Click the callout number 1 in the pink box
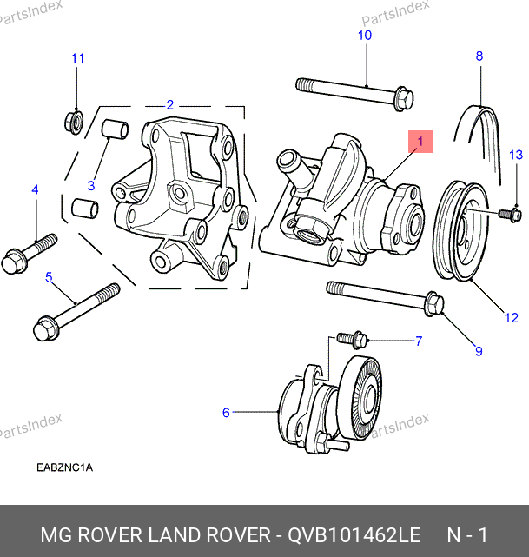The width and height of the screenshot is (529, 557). pos(420,140)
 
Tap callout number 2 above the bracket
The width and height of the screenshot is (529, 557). pos(170,104)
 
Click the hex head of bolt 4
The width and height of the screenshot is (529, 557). pos(15,261)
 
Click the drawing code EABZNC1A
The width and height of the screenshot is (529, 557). pos(64,467)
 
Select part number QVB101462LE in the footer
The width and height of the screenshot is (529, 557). pos(354,533)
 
